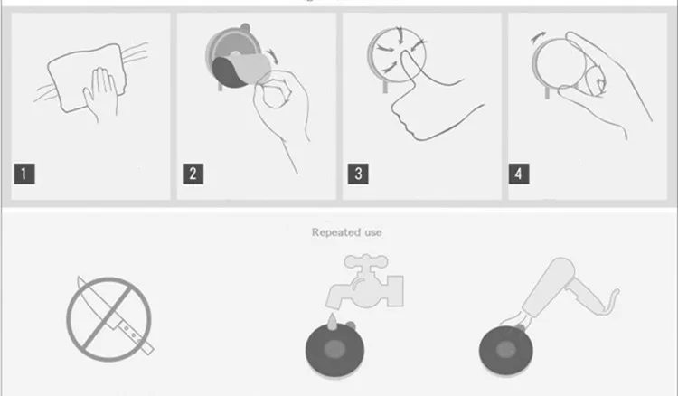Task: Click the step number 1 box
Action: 24,174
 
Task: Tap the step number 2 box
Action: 193,174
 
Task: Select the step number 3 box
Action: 358,174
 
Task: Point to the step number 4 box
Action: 519,174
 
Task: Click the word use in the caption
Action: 373,233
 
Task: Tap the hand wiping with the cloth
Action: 101,94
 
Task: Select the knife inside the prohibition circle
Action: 116,316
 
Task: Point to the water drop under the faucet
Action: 332,322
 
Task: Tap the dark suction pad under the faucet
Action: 334,348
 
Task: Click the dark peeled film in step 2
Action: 227,72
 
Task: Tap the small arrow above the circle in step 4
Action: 539,37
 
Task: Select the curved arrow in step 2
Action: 272,56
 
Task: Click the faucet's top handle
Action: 366,260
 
